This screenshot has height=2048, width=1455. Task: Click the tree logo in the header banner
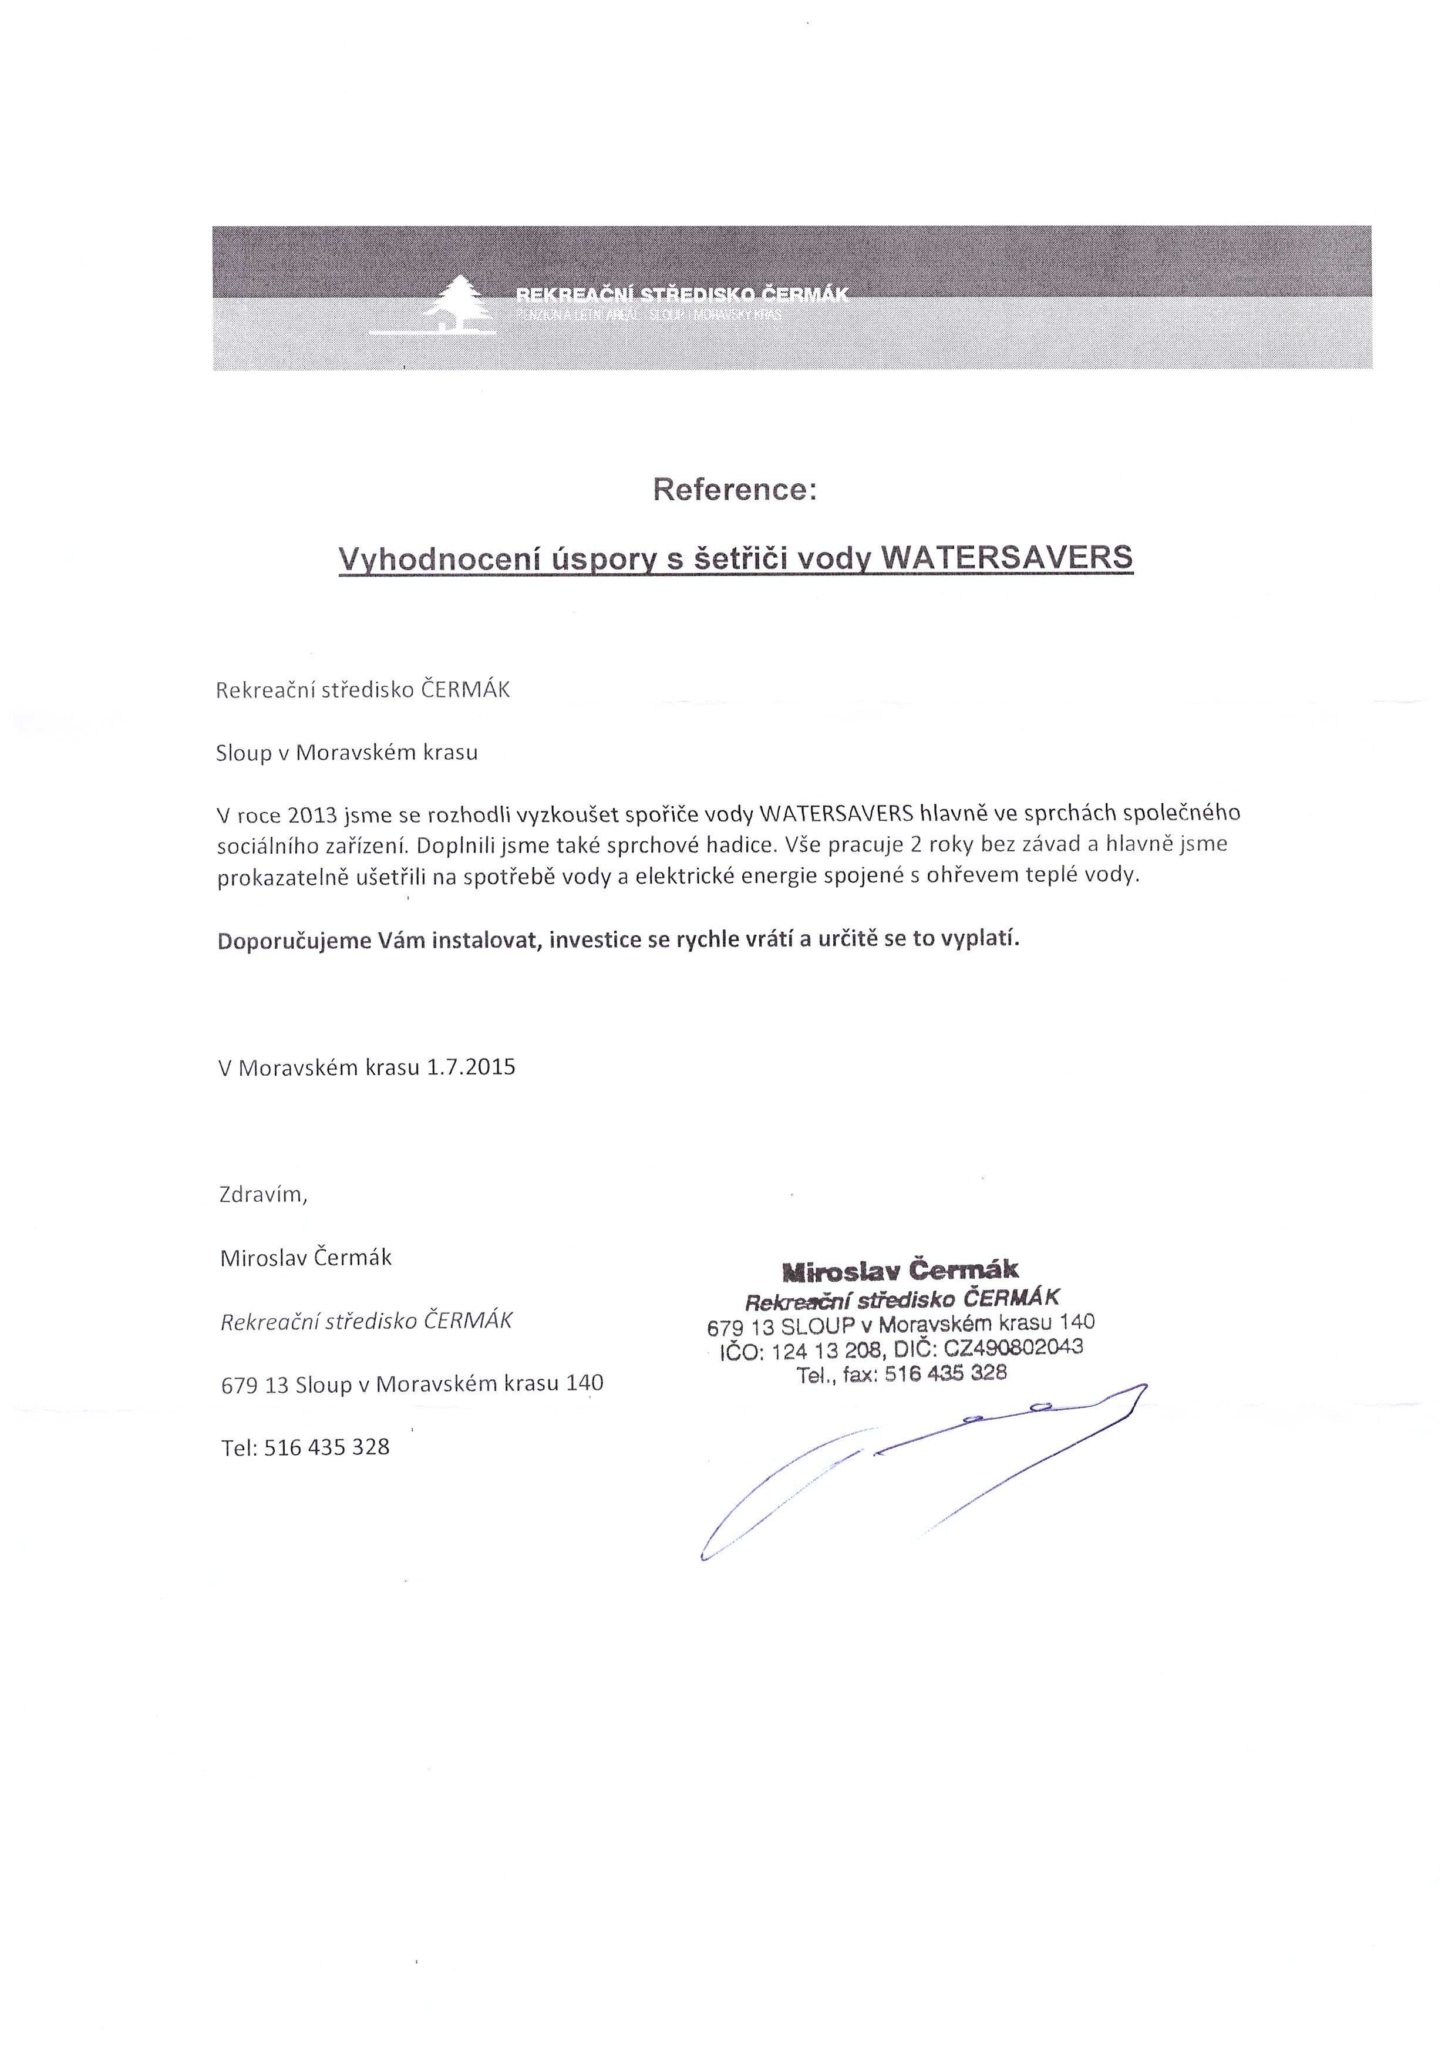(x=458, y=303)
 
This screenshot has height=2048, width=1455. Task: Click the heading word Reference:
(x=735, y=490)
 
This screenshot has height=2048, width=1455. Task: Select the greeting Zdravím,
(x=264, y=1194)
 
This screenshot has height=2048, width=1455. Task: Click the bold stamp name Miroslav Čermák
(x=900, y=1269)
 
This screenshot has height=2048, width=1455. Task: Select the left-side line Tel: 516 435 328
(x=305, y=1447)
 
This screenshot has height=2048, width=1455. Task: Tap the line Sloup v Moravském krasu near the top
(x=347, y=753)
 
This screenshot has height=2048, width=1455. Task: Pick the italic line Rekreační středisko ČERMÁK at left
(x=366, y=1321)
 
